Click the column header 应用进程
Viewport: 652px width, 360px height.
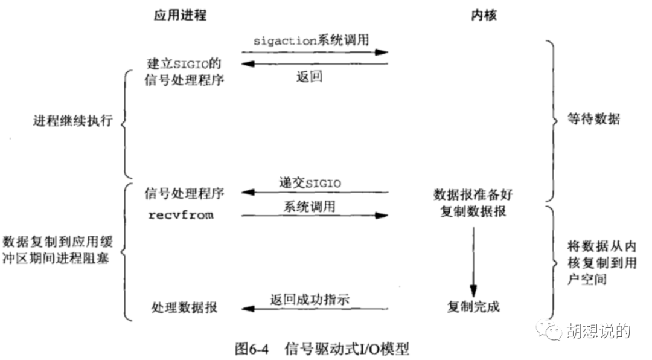[x=180, y=15]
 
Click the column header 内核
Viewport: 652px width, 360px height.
[x=484, y=15]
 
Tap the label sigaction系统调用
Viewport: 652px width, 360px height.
[x=312, y=40]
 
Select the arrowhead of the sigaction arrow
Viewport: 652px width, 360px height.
[x=382, y=53]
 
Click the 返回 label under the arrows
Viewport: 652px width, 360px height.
[x=309, y=77]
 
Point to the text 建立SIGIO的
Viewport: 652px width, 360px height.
[x=184, y=63]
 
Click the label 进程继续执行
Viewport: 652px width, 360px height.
[x=73, y=121]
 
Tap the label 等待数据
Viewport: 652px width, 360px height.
[x=594, y=119]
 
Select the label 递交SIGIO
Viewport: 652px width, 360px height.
[x=310, y=183]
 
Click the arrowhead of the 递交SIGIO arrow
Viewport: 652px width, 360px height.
[x=248, y=192]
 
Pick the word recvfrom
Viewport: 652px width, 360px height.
[x=181, y=215]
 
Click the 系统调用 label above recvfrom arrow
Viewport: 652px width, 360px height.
[x=309, y=207]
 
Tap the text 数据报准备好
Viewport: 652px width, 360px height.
[x=473, y=194]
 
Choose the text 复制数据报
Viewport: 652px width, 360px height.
[x=473, y=211]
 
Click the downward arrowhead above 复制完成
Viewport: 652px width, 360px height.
[x=473, y=291]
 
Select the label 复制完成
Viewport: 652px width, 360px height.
[x=473, y=307]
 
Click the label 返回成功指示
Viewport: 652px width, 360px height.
[x=310, y=299]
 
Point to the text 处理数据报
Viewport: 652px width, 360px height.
[x=184, y=307]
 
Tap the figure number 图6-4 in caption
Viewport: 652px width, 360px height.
[x=252, y=349]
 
